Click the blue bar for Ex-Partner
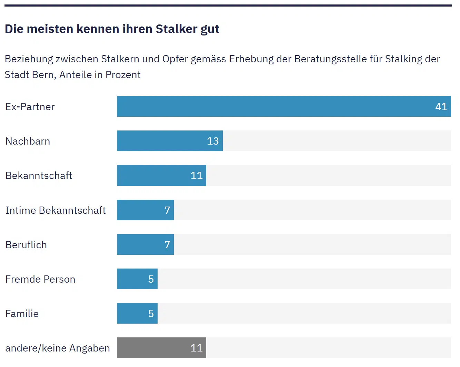click(x=276, y=106)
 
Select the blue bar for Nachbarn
click(x=162, y=141)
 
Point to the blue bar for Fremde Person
click(x=133, y=279)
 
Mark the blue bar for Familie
click(x=133, y=313)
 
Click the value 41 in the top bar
click(x=441, y=107)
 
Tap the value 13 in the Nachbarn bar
click(x=213, y=141)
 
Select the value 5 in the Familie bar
click(x=151, y=314)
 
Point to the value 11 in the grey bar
click(x=197, y=348)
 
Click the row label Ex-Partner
click(x=30, y=107)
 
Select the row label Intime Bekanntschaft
click(x=56, y=210)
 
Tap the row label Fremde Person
click(x=40, y=279)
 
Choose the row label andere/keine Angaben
click(x=58, y=348)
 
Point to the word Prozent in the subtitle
click(x=123, y=75)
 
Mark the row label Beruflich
click(x=26, y=245)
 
